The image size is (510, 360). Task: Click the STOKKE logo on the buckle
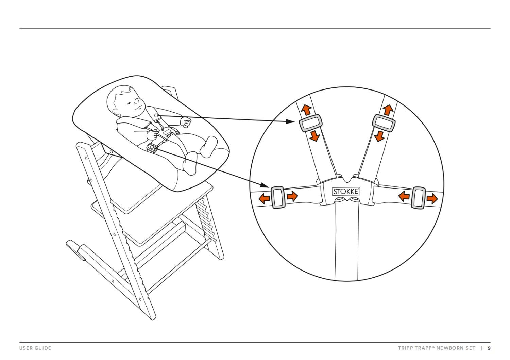[346, 191]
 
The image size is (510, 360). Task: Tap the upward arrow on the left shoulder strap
[306, 110]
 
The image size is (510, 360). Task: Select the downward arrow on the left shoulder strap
[314, 136]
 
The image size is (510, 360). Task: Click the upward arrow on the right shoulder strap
[388, 110]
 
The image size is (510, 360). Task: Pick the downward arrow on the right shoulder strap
[379, 136]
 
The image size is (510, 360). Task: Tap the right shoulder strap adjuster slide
[384, 123]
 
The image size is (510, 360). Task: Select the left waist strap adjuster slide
[278, 197]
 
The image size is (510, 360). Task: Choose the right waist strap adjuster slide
[418, 198]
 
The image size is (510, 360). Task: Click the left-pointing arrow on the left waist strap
[264, 198]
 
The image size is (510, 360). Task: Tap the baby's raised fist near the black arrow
[186, 121]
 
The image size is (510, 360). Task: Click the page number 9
[489, 348]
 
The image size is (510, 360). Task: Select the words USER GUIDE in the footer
[35, 348]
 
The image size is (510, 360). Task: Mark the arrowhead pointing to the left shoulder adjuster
[291, 121]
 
